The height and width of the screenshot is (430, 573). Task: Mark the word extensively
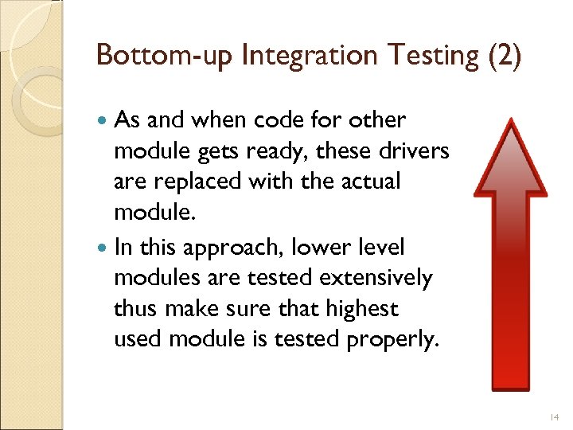pos(391,279)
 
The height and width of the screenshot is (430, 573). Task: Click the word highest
pos(363,309)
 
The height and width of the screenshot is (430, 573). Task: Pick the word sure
pos(251,309)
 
